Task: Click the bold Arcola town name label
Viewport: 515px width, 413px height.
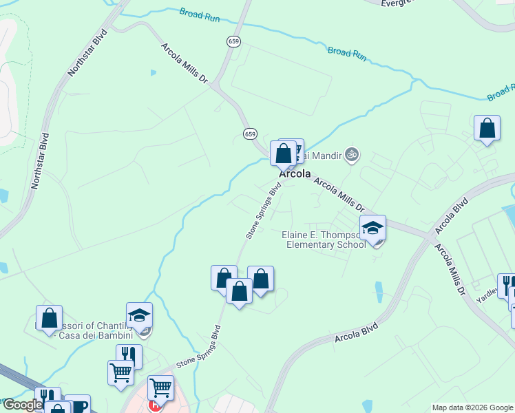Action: (x=295, y=174)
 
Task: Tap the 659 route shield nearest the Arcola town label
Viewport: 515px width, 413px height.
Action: (x=249, y=134)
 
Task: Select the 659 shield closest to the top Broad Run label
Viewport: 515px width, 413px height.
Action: (x=233, y=43)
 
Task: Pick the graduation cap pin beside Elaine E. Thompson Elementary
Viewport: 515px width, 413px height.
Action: (x=372, y=228)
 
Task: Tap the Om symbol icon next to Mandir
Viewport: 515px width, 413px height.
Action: (x=353, y=154)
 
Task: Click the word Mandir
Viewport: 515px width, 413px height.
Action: (x=328, y=156)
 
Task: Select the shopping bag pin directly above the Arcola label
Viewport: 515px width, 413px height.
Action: (x=283, y=153)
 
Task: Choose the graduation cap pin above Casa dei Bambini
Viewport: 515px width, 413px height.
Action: (x=139, y=315)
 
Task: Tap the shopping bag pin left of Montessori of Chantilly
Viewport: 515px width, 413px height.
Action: (x=49, y=318)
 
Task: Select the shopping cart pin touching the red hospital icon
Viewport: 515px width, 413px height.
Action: (x=160, y=388)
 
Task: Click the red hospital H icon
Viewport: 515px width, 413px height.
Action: (x=154, y=405)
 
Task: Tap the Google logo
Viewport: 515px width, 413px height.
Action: (x=22, y=405)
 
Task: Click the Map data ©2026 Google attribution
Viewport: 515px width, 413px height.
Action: (x=472, y=407)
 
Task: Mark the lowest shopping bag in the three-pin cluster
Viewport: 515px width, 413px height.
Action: (x=239, y=291)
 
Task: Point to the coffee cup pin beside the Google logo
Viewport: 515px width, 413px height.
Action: (x=77, y=405)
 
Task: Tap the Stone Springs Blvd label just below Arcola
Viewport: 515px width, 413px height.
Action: (x=264, y=211)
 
